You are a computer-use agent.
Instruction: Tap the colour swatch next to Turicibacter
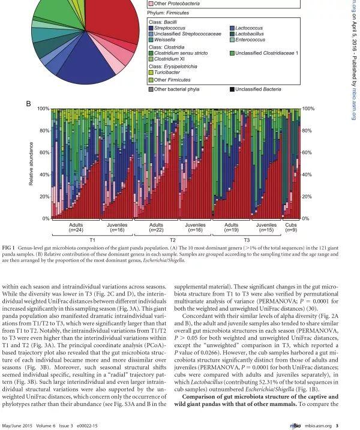[x=151, y=71]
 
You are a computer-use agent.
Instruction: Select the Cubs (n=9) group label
[x=290, y=227]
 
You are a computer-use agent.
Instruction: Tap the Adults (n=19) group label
[x=231, y=227]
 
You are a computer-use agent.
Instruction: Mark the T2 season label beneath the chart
[x=172, y=239]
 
